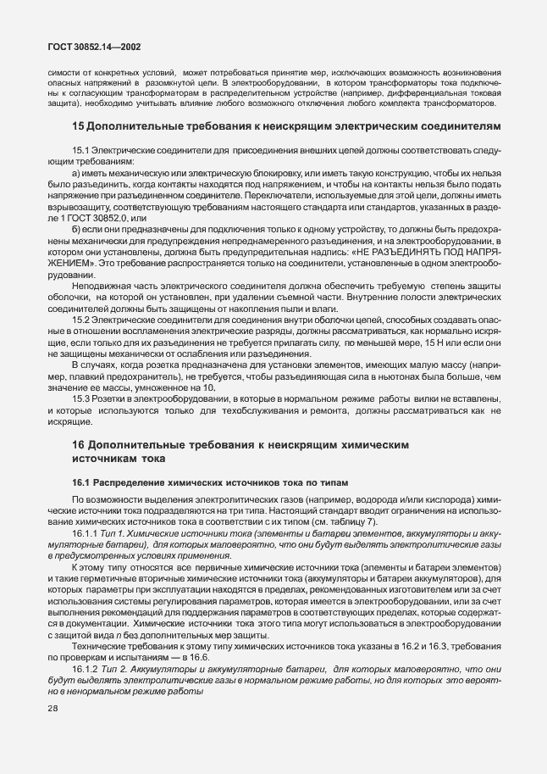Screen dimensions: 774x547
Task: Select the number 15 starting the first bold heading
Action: point(78,126)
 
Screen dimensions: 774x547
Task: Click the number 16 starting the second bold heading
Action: point(78,444)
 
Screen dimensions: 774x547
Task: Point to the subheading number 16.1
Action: point(82,482)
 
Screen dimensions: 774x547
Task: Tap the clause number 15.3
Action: point(80,398)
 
